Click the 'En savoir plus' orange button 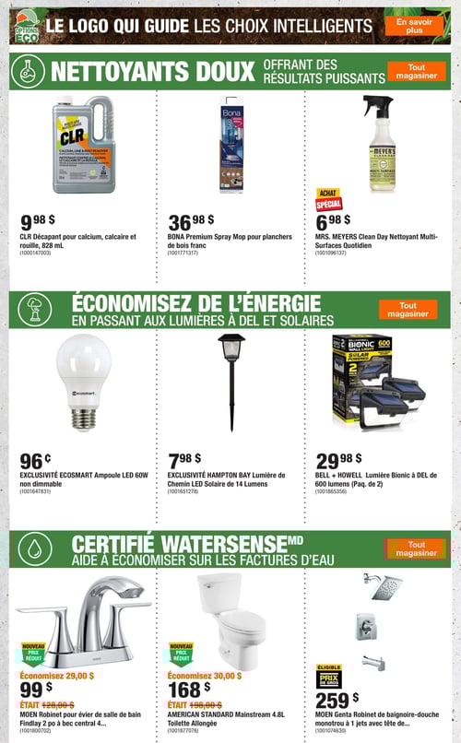point(414,25)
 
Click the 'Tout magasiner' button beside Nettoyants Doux point(416,71)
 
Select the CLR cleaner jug point(83,145)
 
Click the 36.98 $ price point(191,222)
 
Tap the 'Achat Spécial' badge point(329,199)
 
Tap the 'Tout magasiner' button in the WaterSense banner point(416,548)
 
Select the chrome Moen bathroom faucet point(83,612)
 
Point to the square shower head point(387,588)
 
